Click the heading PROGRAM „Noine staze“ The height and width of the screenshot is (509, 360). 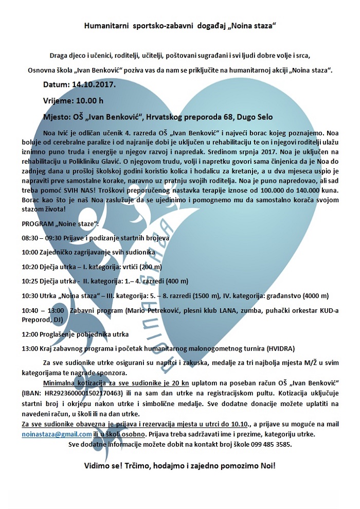61,225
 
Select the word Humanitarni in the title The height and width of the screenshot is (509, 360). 104,25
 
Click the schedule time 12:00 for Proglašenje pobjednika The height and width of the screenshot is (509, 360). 31,334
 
